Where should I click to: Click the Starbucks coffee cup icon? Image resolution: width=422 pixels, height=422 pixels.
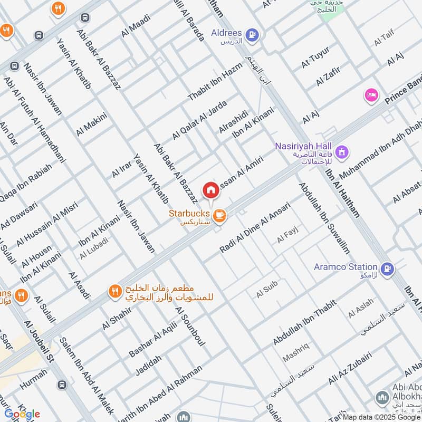pyautogui.click(x=220, y=215)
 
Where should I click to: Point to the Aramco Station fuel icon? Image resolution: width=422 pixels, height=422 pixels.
pyautogui.click(x=388, y=268)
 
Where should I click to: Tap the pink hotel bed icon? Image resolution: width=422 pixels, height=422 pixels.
pyautogui.click(x=370, y=95)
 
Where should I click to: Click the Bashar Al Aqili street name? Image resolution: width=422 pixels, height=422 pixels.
pyautogui.click(x=153, y=337)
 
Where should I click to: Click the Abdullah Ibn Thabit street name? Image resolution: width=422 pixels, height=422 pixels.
pyautogui.click(x=298, y=323)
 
